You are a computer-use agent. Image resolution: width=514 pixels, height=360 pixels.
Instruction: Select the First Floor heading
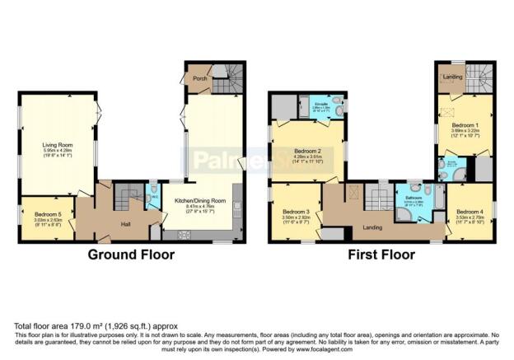tap(381, 255)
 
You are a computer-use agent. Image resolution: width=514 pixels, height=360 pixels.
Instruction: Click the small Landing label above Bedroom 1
tap(451, 77)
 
